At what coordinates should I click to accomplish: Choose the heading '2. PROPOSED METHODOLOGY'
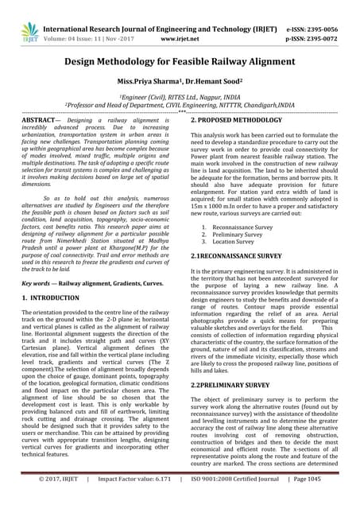click(x=238, y=118)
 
